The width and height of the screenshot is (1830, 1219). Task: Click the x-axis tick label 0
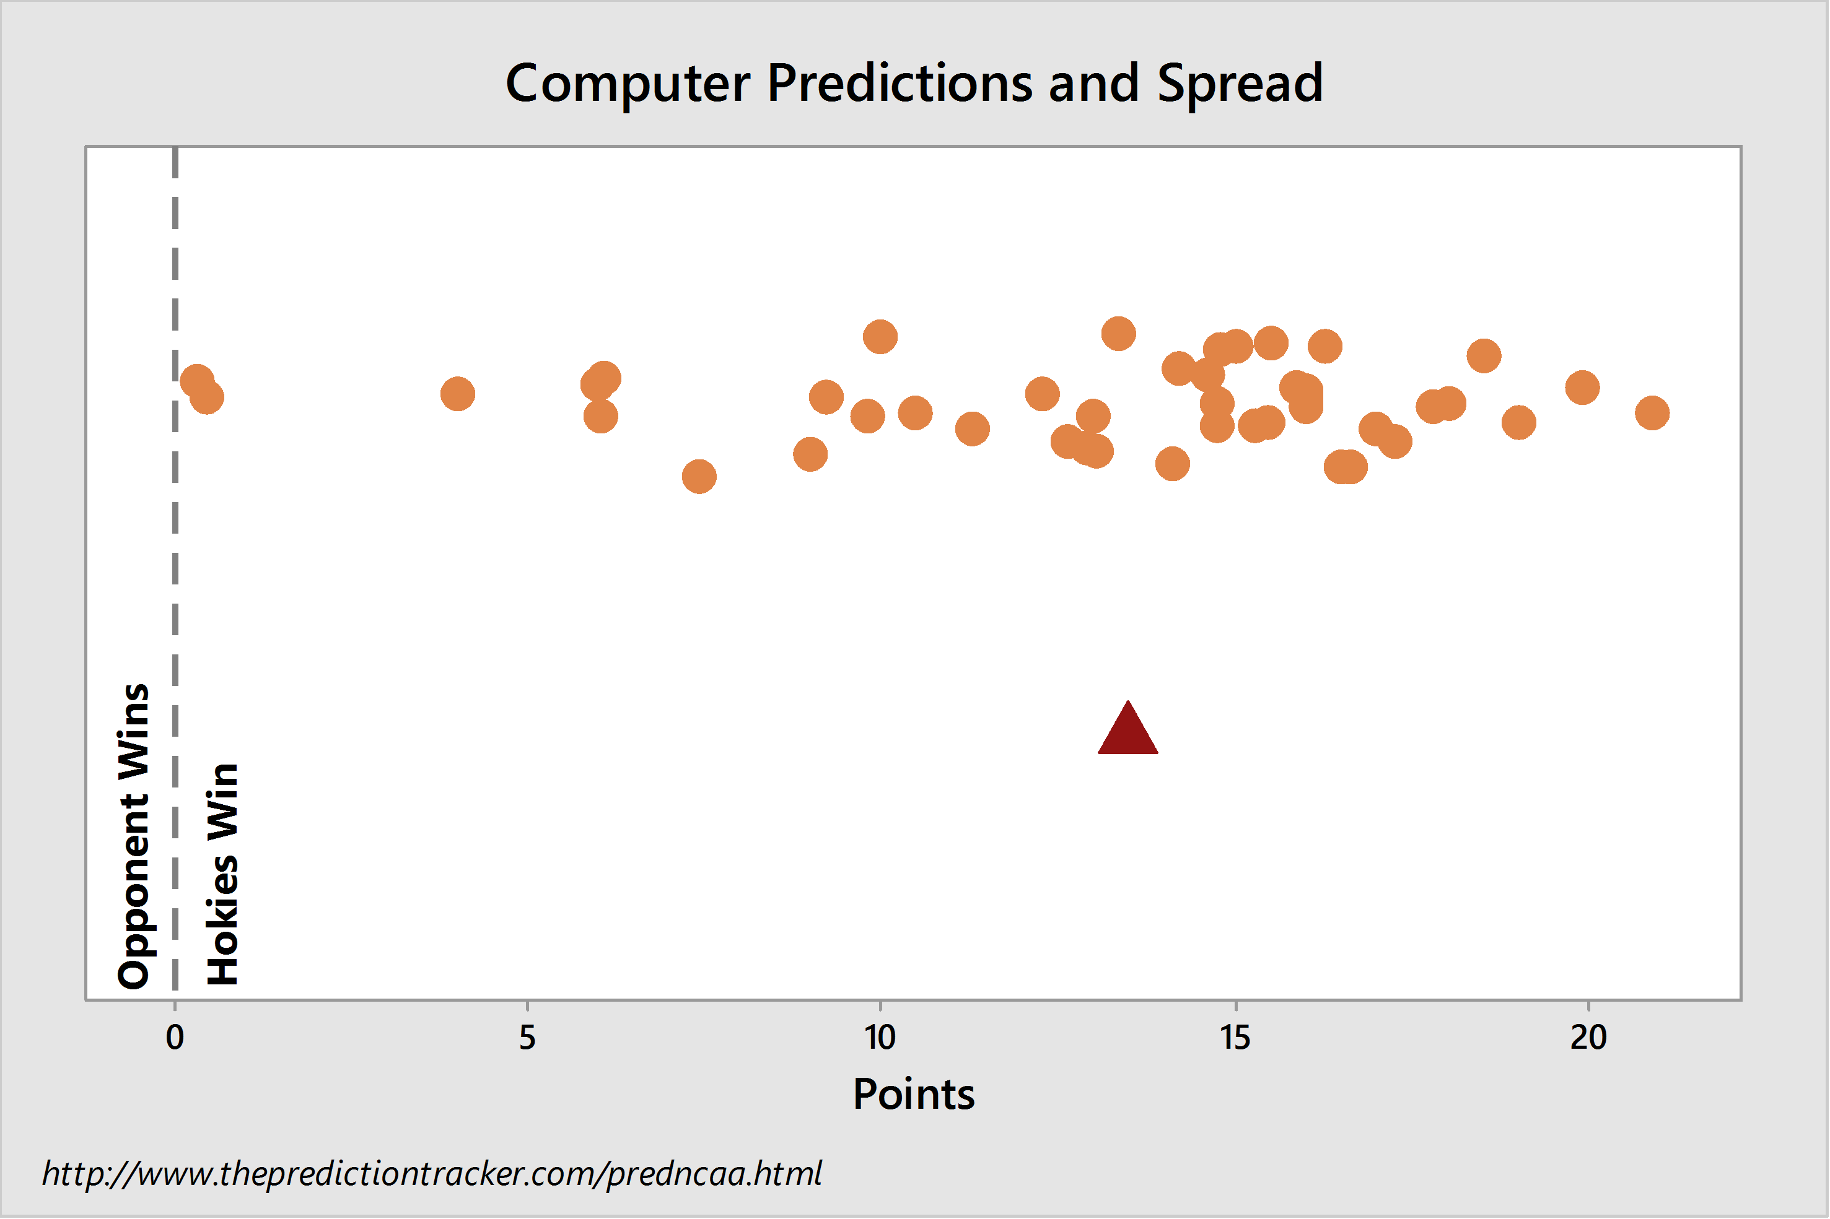click(175, 1037)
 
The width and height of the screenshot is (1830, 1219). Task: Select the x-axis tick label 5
click(527, 1037)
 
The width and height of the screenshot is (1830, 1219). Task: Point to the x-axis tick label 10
click(880, 1037)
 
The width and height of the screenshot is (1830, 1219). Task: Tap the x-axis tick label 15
click(1235, 1037)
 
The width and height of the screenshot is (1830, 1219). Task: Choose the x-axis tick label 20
click(1588, 1037)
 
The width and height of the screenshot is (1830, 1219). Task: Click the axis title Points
click(914, 1095)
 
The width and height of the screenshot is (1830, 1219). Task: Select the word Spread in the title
click(1240, 84)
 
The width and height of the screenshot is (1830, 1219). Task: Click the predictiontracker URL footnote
click(432, 1173)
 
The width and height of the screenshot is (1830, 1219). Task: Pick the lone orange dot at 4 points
click(457, 394)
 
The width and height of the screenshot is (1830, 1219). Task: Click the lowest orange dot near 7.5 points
click(699, 477)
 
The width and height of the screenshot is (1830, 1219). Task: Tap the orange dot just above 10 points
click(880, 337)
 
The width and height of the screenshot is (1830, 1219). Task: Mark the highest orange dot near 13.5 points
click(1118, 334)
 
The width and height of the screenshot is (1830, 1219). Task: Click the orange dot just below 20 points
click(1582, 387)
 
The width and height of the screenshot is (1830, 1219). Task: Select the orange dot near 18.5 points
click(1484, 356)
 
